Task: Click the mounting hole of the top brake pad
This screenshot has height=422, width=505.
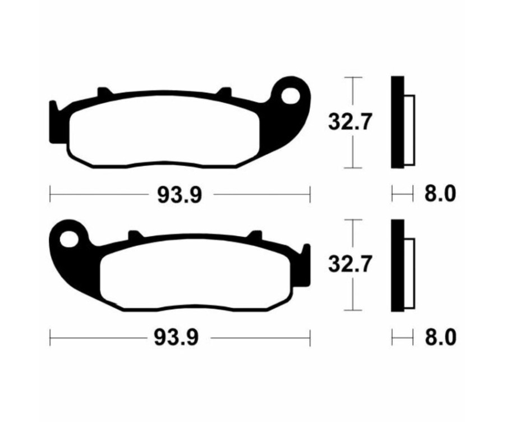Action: point(292,97)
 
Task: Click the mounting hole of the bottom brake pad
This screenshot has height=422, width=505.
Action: point(68,240)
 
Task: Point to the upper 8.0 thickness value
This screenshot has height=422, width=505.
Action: point(439,195)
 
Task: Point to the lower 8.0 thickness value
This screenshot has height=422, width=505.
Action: point(439,338)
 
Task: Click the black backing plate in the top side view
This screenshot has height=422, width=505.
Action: point(397,122)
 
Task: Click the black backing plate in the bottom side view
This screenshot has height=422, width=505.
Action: point(397,265)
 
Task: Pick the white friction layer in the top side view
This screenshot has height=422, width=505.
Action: point(409,130)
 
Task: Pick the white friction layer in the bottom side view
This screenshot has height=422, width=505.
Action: point(409,273)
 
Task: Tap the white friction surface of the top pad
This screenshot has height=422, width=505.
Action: point(163,132)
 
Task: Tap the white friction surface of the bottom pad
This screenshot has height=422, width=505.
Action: point(196,275)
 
